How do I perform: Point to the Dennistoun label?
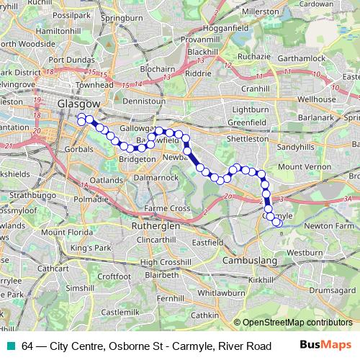pos(144,102)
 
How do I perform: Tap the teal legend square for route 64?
pos(12,346)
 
